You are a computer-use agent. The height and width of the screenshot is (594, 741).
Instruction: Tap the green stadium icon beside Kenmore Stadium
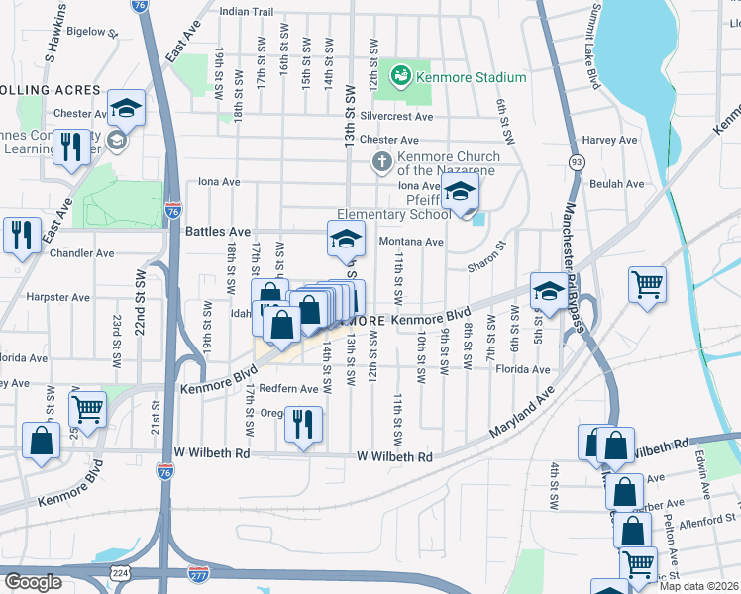click(x=401, y=75)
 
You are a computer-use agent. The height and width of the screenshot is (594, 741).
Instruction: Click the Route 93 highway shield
click(x=576, y=161)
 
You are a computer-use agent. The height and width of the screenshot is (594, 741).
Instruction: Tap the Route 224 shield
click(x=120, y=573)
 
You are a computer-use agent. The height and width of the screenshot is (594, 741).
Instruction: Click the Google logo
click(x=34, y=582)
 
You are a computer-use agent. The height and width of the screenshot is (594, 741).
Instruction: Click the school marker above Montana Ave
click(x=346, y=240)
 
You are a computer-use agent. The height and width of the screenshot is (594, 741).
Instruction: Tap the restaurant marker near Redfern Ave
click(x=303, y=423)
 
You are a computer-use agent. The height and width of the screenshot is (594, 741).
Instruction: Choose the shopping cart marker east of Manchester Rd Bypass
click(x=647, y=284)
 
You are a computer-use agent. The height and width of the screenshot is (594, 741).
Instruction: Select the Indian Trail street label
click(x=246, y=12)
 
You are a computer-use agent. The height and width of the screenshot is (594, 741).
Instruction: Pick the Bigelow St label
click(x=93, y=32)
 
